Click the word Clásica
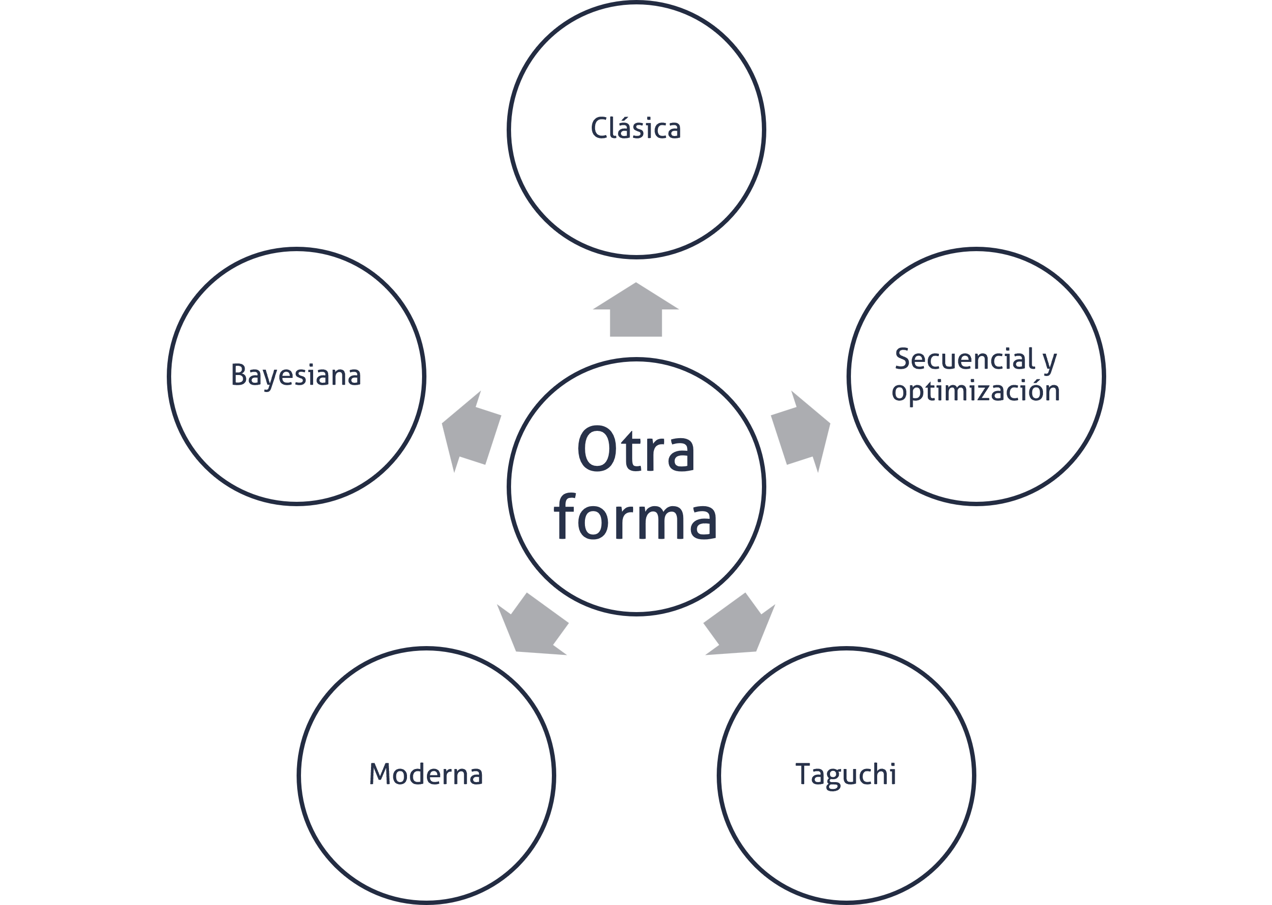click(x=636, y=128)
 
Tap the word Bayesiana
click(x=296, y=375)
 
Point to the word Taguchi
click(x=846, y=775)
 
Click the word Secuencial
click(x=965, y=359)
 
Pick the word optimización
click(x=976, y=390)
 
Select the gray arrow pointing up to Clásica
click(x=636, y=309)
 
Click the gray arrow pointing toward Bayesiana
click(x=472, y=432)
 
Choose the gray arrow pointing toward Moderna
click(x=532, y=623)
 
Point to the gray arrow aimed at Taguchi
click(x=740, y=623)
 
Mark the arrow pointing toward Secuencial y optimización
click(x=800, y=432)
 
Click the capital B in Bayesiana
click(x=239, y=375)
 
